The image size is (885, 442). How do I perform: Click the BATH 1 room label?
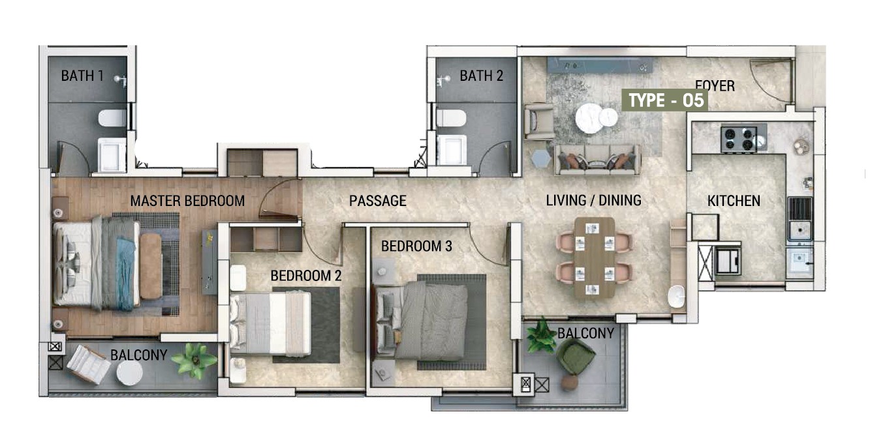(82, 76)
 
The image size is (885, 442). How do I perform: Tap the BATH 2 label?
(481, 76)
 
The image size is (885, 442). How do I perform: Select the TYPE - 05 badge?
(665, 100)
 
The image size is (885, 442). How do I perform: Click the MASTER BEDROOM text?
(187, 201)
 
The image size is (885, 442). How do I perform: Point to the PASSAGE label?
(377, 201)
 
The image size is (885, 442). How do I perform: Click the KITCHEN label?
(734, 201)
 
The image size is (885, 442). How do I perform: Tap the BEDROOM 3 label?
(416, 246)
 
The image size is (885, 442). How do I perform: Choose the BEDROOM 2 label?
(306, 276)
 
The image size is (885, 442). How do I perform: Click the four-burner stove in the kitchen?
(738, 139)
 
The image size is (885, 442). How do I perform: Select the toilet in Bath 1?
(112, 118)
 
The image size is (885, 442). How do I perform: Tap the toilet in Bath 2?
(451, 118)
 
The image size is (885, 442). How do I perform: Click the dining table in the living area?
(595, 257)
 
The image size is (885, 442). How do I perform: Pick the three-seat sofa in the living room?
(597, 160)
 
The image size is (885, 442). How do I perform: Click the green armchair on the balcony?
(575, 356)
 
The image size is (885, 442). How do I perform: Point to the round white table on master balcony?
(130, 372)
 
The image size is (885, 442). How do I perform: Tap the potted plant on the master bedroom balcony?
(194, 360)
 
